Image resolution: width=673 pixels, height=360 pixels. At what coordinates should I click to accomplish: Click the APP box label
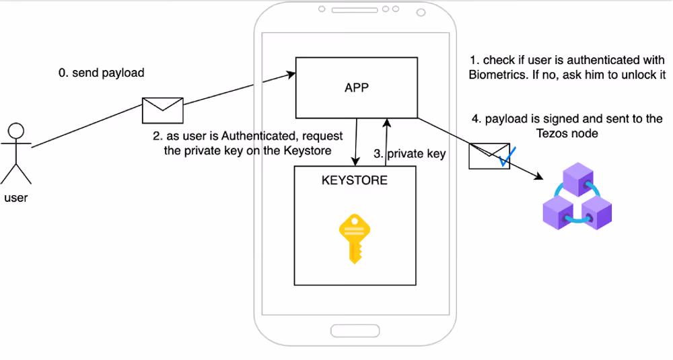pos(356,88)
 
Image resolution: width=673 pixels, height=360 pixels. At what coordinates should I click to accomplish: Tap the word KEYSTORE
pos(355,180)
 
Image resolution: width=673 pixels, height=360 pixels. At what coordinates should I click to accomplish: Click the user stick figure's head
pos(16,131)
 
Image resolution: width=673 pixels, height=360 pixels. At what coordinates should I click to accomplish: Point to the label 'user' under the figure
pos(16,198)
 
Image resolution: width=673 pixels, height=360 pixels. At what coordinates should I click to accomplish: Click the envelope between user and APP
pos(162,110)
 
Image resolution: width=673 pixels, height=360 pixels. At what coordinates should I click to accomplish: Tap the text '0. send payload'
pos(102,73)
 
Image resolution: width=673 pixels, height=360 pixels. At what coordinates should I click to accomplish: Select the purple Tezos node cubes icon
pos(577,196)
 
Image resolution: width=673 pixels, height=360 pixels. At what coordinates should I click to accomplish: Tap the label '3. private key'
pos(409,153)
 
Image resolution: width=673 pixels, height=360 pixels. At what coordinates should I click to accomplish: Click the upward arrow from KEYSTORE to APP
pos(386,141)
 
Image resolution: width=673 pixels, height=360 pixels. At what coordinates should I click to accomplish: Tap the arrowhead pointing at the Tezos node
pos(538,177)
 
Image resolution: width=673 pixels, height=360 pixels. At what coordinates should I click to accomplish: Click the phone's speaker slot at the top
pos(354,11)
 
